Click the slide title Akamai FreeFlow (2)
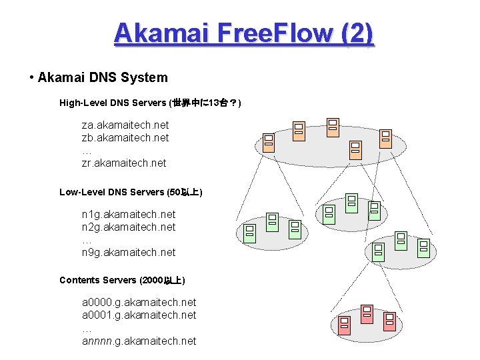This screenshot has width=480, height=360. click(243, 33)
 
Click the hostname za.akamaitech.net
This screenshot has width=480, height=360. click(125, 125)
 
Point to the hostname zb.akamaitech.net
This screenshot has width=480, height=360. click(125, 138)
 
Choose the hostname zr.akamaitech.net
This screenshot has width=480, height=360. click(124, 163)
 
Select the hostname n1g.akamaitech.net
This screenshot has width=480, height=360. click(129, 215)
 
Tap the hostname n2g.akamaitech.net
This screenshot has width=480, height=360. click(129, 227)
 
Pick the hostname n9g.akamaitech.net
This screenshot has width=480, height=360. click(129, 253)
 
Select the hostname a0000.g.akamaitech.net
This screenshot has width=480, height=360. click(139, 303)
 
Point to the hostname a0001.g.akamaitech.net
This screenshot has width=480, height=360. click(139, 315)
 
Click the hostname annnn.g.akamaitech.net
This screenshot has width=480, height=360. click(139, 341)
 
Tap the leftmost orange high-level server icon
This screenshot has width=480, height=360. click(268, 142)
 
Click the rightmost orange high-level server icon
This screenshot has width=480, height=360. click(385, 138)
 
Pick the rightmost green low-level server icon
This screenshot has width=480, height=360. click(423, 247)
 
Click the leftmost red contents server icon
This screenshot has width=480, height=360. click(344, 325)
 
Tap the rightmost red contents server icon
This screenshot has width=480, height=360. click(389, 321)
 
